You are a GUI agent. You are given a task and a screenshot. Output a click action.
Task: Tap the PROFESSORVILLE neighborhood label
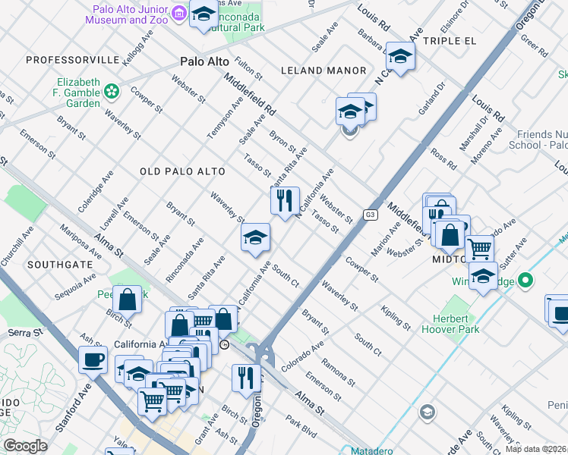pyautogui.click(x=73, y=59)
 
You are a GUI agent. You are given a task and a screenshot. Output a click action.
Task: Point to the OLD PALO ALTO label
pyautogui.click(x=180, y=172)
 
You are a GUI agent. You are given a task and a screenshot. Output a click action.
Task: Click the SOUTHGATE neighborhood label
pyautogui.click(x=60, y=265)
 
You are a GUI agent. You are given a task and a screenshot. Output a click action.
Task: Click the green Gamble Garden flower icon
pyautogui.click(x=112, y=92)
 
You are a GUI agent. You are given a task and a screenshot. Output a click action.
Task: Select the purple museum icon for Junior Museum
pyautogui.click(x=178, y=13)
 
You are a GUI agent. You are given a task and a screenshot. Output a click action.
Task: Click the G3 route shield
pyautogui.click(x=370, y=215)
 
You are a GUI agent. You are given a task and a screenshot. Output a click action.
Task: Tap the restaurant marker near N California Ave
pyautogui.click(x=285, y=201)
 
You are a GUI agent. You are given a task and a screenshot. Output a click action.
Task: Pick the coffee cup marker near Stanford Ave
pyautogui.click(x=93, y=359)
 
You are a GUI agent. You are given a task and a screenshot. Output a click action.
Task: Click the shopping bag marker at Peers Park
pyautogui.click(x=128, y=299)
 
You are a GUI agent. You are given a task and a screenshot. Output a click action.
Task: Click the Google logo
pyautogui.click(x=25, y=446)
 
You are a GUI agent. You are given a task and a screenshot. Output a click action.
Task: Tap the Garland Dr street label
pyautogui.click(x=429, y=102)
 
